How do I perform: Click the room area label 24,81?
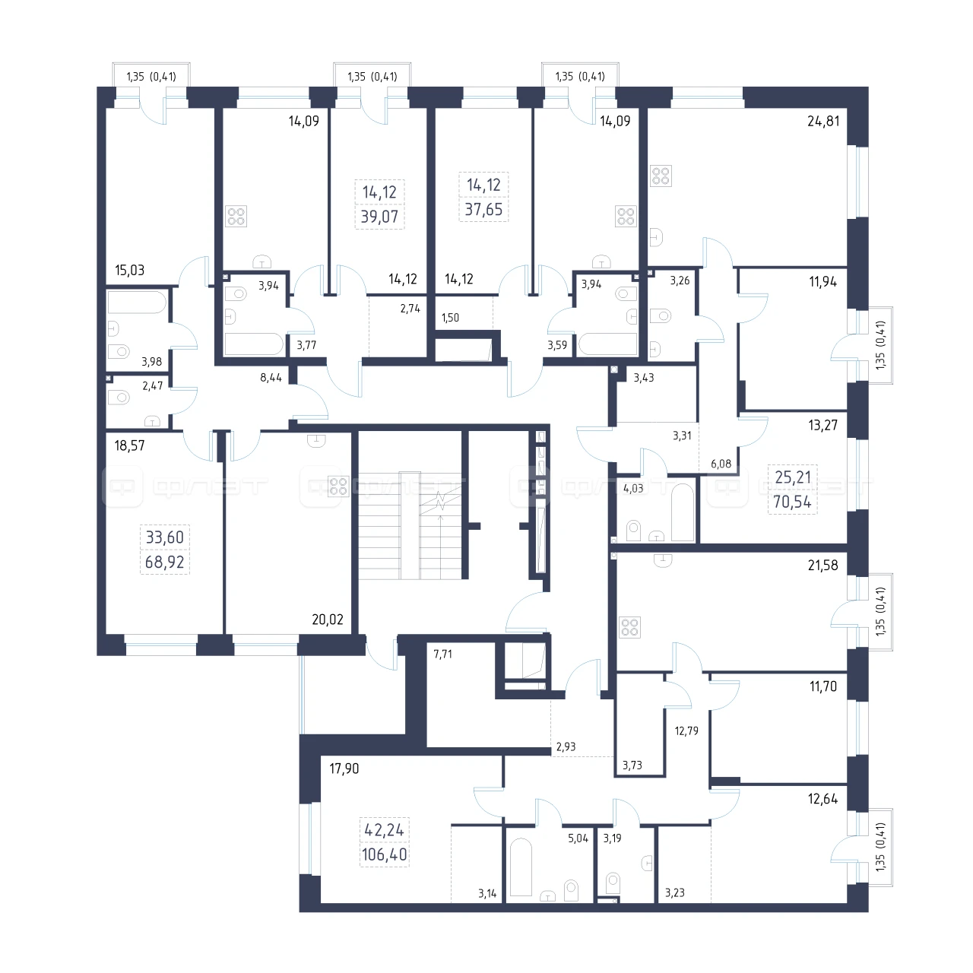823,121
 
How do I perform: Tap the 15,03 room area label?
130,270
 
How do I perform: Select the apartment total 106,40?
384,854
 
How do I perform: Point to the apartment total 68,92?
165,562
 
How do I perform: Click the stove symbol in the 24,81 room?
661,176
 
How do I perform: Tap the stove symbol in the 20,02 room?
338,486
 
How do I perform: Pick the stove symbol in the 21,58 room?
629,627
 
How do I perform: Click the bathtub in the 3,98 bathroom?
136,302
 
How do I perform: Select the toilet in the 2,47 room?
119,398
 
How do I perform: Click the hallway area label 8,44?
271,378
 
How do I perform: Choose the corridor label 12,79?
686,731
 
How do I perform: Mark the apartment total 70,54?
792,502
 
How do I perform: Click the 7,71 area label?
443,654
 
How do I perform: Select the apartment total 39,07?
380,217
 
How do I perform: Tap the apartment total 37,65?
483,209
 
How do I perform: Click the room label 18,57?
130,445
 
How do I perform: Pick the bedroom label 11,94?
823,282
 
